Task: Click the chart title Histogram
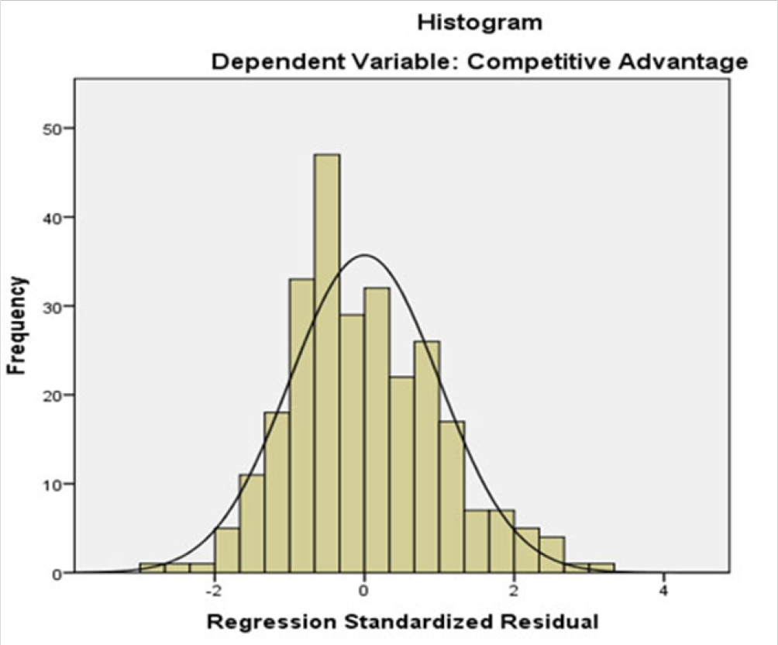point(480,22)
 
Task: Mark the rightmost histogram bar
point(601,568)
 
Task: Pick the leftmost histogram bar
point(152,568)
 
